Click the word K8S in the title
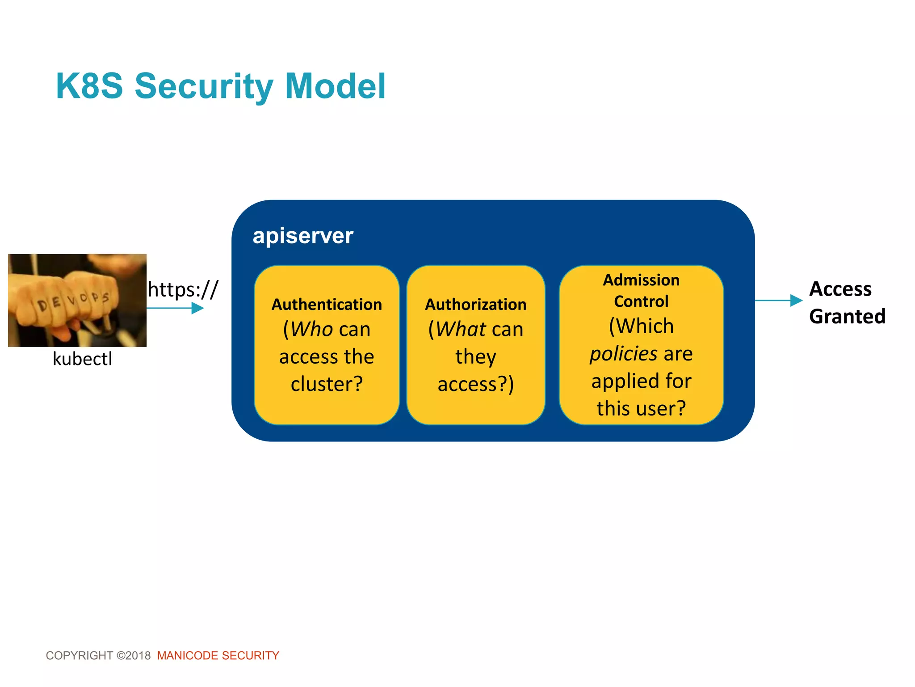[x=89, y=86]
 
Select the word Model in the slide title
[x=335, y=86]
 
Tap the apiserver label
[x=302, y=236]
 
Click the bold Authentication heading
[x=327, y=305]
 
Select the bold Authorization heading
[x=475, y=305]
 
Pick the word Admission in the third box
[x=641, y=280]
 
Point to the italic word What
[x=460, y=329]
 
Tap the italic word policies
[x=623, y=354]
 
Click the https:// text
[x=183, y=289]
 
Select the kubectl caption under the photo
[x=82, y=359]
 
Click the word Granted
[x=847, y=317]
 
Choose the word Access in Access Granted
[x=840, y=289]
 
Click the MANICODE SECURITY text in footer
[x=218, y=656]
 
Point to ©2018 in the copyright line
[x=134, y=656]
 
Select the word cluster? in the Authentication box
[x=327, y=384]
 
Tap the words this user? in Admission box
[x=641, y=408]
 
